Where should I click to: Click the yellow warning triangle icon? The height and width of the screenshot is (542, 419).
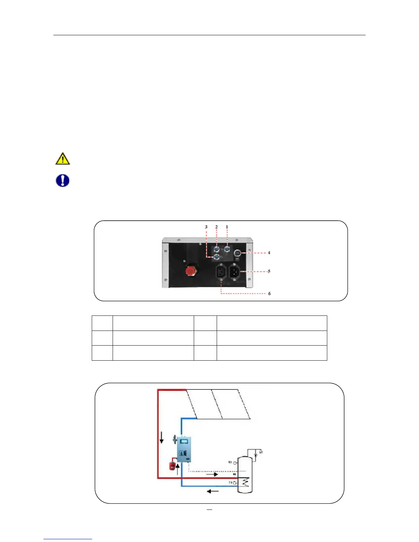pyautogui.click(x=63, y=159)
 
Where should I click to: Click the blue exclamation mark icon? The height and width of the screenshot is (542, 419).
pyautogui.click(x=63, y=180)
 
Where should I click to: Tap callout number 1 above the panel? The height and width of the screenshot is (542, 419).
pyautogui.click(x=227, y=227)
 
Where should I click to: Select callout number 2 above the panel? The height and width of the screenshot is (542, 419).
pyautogui.click(x=216, y=227)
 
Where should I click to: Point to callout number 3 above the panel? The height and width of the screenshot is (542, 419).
pyautogui.click(x=206, y=227)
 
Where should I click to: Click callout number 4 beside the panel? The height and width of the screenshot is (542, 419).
pyautogui.click(x=269, y=253)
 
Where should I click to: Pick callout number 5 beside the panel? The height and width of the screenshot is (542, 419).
pyautogui.click(x=269, y=271)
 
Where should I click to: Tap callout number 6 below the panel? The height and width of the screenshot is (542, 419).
pyautogui.click(x=269, y=294)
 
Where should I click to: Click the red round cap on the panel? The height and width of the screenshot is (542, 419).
pyautogui.click(x=189, y=271)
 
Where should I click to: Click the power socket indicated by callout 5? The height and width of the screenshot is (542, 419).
pyautogui.click(x=234, y=272)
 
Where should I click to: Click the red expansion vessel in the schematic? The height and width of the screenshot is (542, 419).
pyautogui.click(x=173, y=466)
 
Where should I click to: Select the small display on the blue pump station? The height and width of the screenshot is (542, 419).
pyautogui.click(x=184, y=441)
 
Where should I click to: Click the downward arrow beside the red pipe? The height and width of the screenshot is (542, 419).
pyautogui.click(x=162, y=437)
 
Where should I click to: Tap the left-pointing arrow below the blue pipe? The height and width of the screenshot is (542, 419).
pyautogui.click(x=213, y=491)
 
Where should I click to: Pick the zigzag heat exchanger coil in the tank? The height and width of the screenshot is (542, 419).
pyautogui.click(x=245, y=483)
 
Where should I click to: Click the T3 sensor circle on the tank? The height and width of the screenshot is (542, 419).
pyautogui.click(x=235, y=463)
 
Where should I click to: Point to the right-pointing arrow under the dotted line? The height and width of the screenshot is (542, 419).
pyautogui.click(x=212, y=474)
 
